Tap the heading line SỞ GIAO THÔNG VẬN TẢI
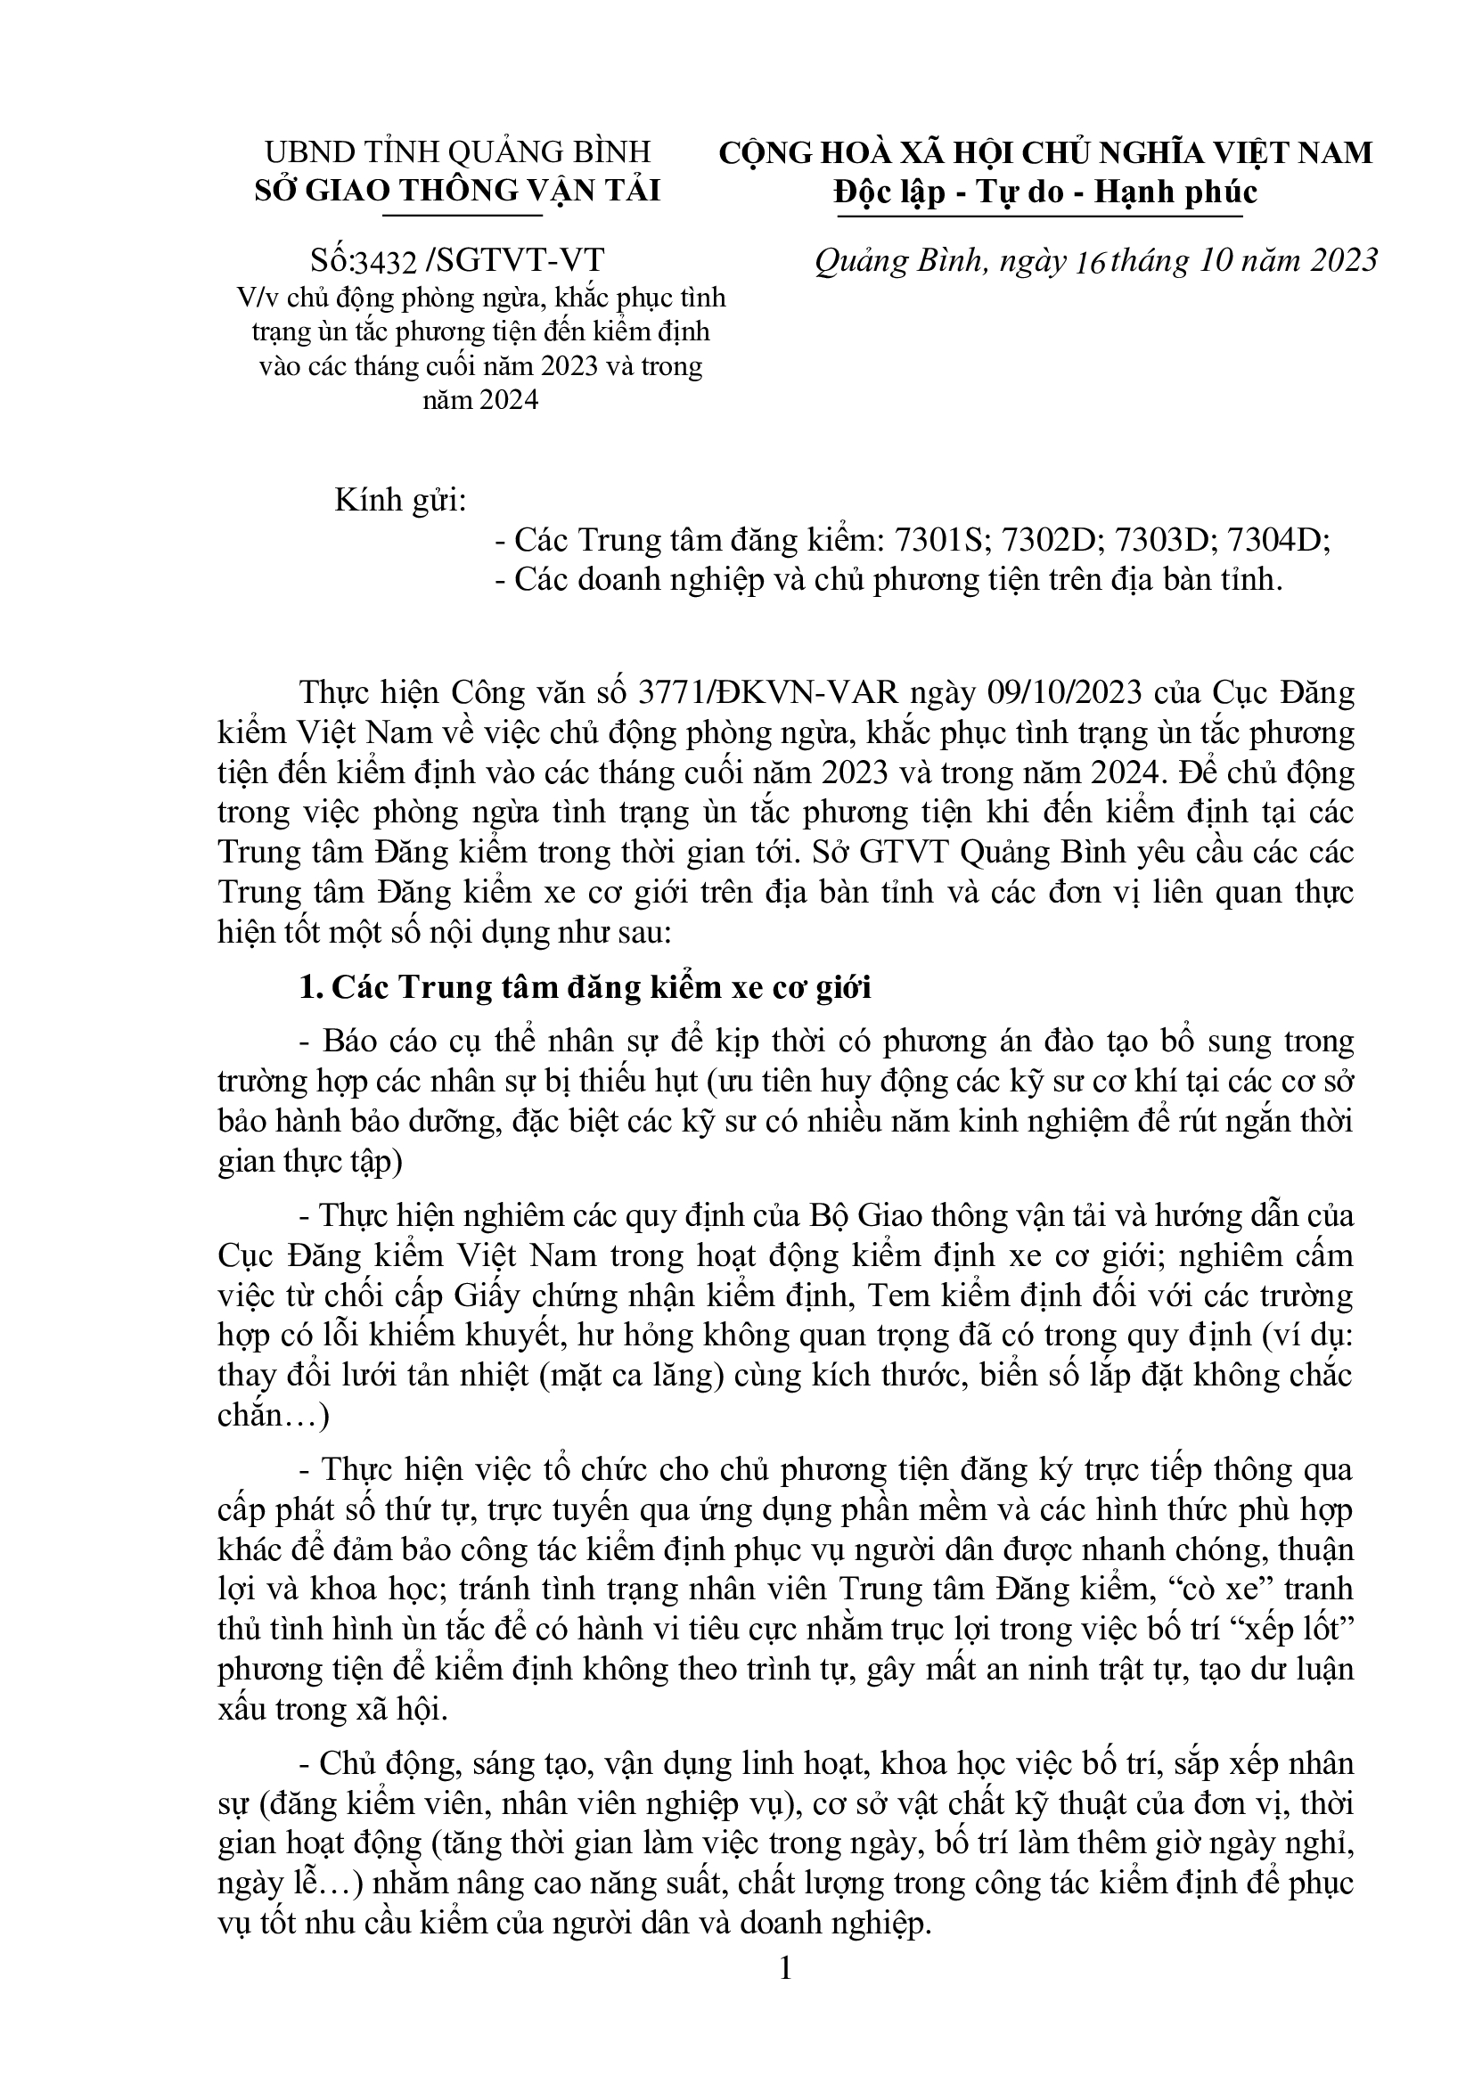click(x=457, y=192)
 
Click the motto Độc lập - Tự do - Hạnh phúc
click(x=1045, y=193)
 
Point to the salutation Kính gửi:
click(x=400, y=500)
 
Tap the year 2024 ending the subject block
click(x=481, y=400)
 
